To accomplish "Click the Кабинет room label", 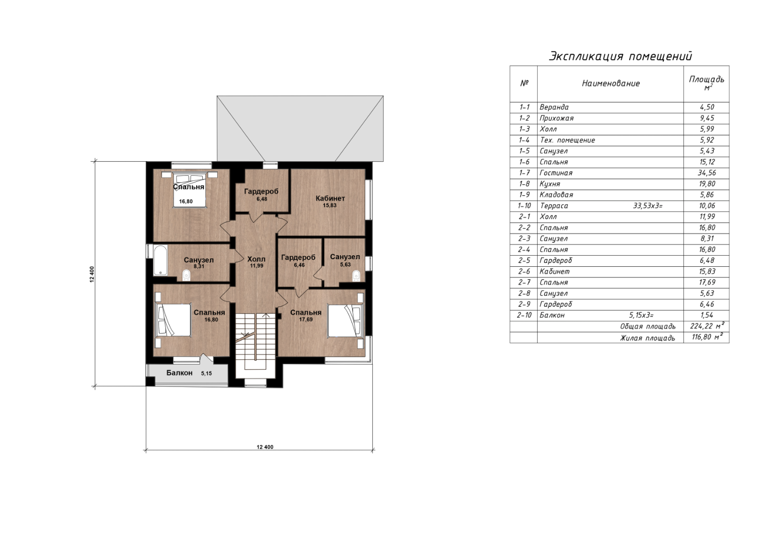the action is (330, 198).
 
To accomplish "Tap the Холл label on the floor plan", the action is (256, 259).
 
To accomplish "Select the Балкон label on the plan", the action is (180, 373).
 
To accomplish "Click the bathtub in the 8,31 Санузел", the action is (160, 260).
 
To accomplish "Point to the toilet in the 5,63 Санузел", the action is (356, 275).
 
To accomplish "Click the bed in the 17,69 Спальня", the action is (346, 320).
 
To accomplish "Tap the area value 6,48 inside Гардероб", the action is (262, 199).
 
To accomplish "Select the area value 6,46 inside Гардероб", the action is (299, 265).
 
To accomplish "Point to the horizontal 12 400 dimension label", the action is (265, 447).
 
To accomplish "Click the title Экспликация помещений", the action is (621, 56).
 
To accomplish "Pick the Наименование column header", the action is (611, 83).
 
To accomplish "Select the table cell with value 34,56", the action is (707, 173).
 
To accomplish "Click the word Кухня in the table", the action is (550, 184).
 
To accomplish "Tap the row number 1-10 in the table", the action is (525, 206).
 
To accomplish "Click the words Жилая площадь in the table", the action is (648, 338).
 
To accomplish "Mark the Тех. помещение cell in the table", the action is (567, 140).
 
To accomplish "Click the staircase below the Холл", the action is (256, 343).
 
